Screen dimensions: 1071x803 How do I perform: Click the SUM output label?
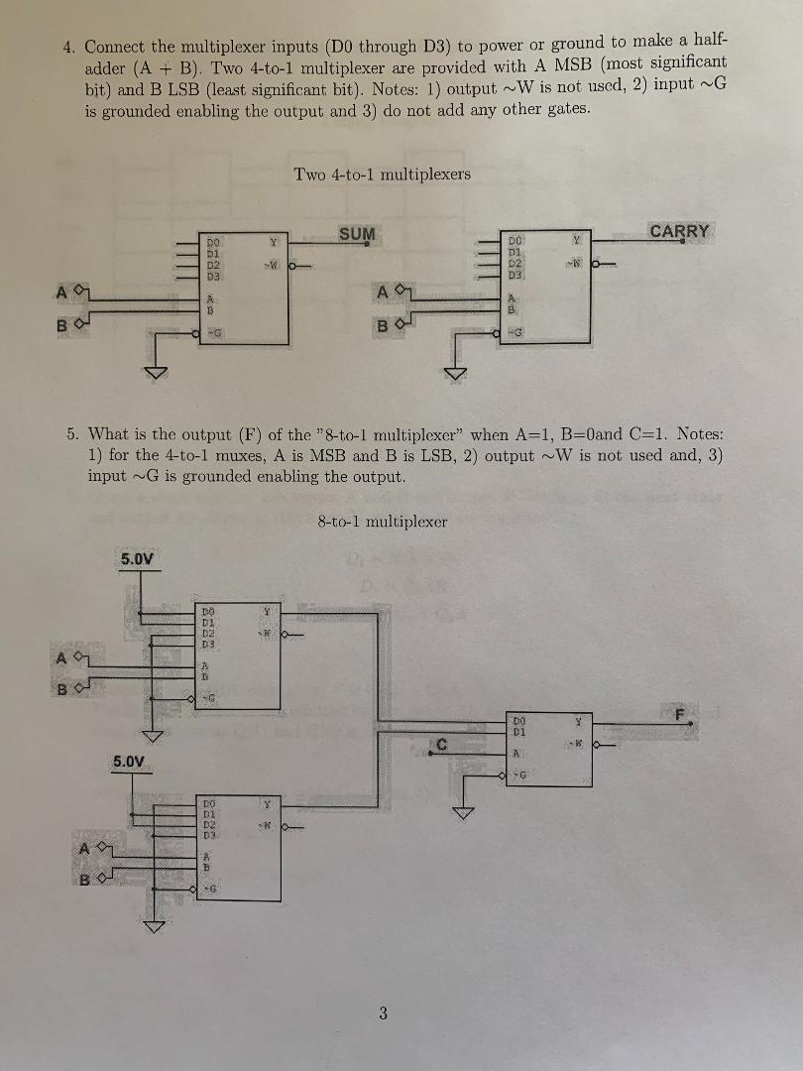(357, 234)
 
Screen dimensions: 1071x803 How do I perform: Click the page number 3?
(384, 1012)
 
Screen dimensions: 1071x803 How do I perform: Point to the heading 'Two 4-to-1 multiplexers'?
(382, 175)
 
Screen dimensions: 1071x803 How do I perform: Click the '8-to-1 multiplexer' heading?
(383, 521)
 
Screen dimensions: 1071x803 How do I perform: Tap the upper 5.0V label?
(137, 558)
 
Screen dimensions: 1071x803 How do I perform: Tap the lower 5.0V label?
(129, 762)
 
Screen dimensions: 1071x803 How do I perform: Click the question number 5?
(72, 433)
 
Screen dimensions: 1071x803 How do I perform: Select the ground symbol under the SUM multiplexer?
(155, 372)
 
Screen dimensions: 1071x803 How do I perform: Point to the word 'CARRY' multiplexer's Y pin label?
(573, 241)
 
